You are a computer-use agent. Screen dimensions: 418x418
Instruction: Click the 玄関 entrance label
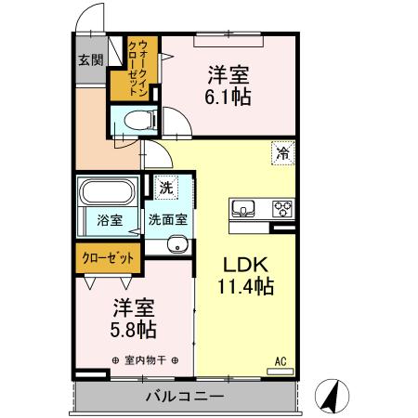[90, 61]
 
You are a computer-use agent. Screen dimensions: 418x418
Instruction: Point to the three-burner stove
[282, 208]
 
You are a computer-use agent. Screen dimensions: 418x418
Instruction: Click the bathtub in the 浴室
[108, 193]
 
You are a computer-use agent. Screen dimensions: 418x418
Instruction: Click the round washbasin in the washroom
[177, 245]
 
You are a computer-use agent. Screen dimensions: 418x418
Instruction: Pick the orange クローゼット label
[107, 257]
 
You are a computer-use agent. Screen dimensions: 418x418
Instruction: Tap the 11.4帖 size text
[246, 287]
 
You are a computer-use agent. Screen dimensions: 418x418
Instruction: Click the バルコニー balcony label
[183, 396]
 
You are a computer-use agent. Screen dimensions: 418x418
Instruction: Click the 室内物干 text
[145, 360]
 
